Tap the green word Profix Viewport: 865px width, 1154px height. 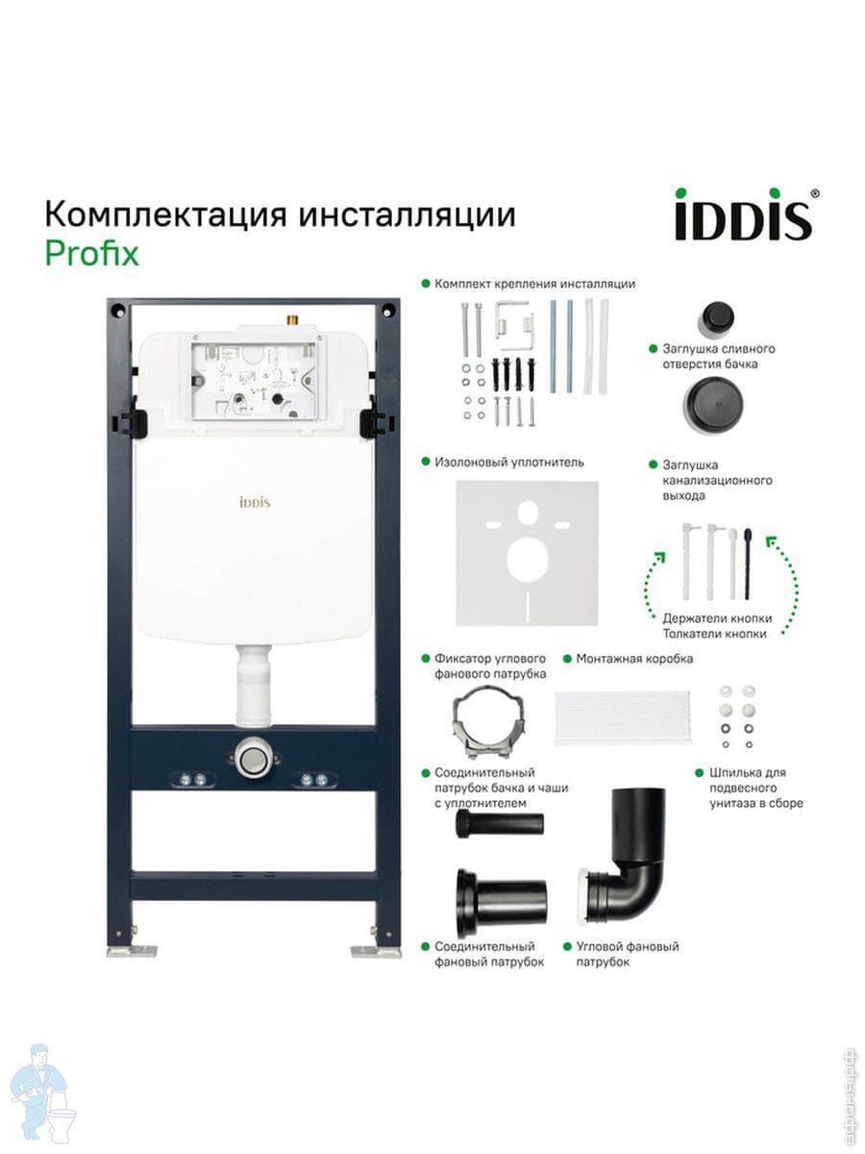coord(92,253)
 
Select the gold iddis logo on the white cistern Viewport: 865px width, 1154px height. coord(255,502)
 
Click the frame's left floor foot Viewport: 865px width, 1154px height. coord(133,948)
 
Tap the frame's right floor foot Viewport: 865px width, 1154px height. coord(376,948)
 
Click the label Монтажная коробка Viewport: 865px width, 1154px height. coord(634,659)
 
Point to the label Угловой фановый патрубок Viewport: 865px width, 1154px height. coord(627,954)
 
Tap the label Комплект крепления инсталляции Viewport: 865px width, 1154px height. coord(534,284)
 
